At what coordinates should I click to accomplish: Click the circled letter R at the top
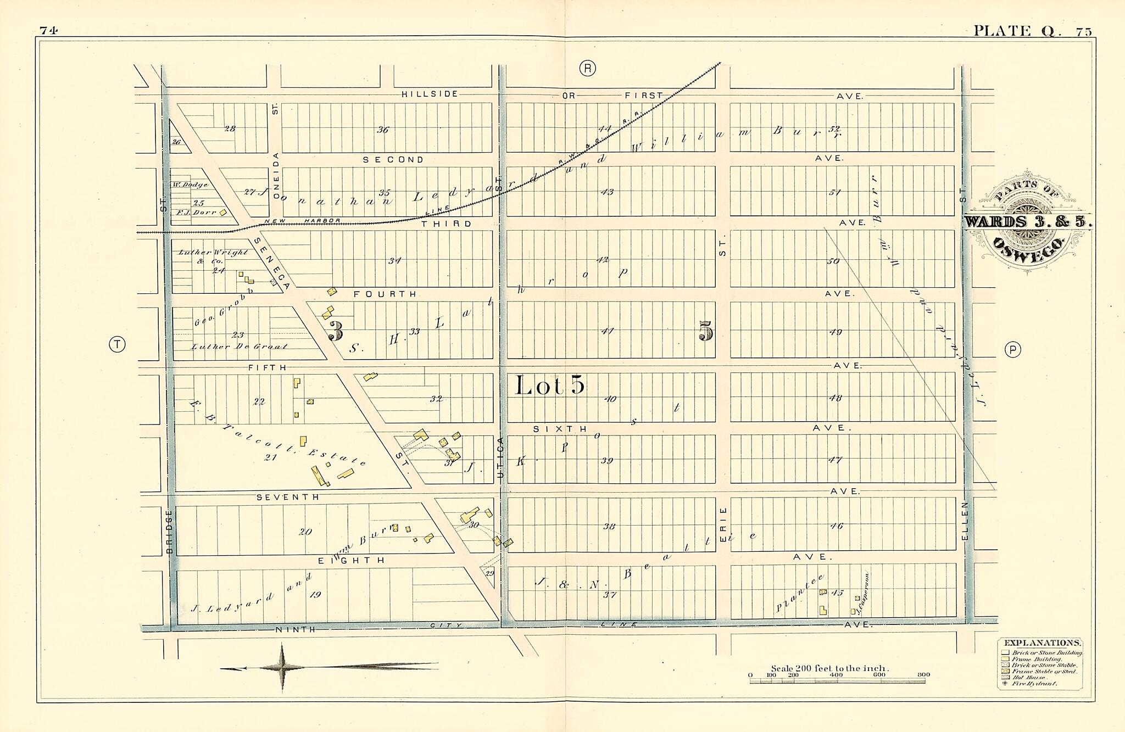tap(587, 68)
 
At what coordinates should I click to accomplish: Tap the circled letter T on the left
tap(117, 344)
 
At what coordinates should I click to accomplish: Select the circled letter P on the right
tap(1012, 350)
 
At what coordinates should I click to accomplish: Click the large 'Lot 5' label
tap(550, 385)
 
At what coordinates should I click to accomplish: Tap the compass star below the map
tap(282, 667)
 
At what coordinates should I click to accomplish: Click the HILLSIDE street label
tap(430, 94)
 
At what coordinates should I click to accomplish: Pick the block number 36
tap(383, 130)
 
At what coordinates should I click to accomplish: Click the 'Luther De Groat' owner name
tap(239, 347)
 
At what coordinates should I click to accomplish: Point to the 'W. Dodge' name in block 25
tap(190, 185)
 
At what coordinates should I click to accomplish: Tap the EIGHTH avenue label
tap(352, 561)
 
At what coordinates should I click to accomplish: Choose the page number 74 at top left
tap(48, 31)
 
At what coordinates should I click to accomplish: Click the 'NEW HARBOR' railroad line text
tap(302, 221)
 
